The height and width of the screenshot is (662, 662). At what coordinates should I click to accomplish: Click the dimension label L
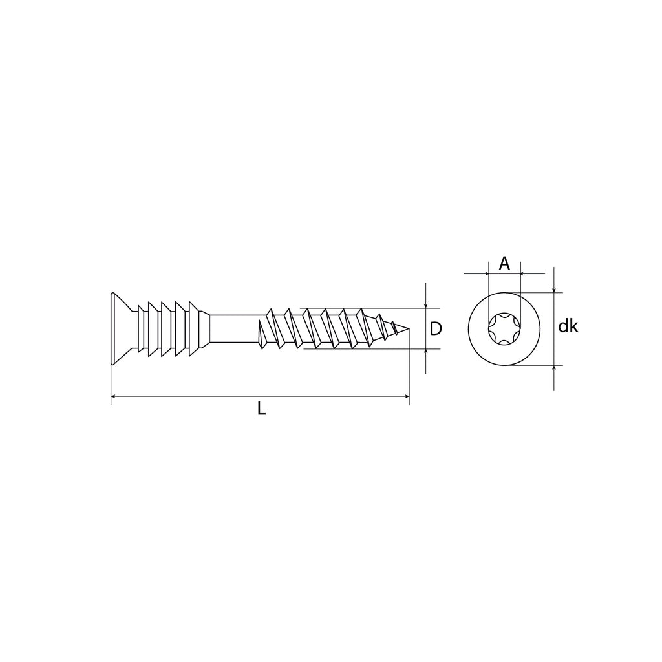pyautogui.click(x=262, y=409)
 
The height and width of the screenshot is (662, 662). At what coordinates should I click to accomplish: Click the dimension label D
pyautogui.click(x=436, y=328)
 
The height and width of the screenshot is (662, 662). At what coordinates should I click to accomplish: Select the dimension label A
pyautogui.click(x=504, y=264)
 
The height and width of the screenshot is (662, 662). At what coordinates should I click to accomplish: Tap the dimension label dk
pyautogui.click(x=568, y=326)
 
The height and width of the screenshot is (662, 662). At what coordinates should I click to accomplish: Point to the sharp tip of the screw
pyautogui.click(x=409, y=329)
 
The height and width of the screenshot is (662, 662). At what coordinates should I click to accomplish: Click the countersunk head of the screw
pyautogui.click(x=122, y=328)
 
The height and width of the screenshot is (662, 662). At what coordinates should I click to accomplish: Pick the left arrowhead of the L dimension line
pyautogui.click(x=114, y=396)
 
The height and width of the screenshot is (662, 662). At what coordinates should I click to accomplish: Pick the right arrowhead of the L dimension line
pyautogui.click(x=406, y=396)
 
